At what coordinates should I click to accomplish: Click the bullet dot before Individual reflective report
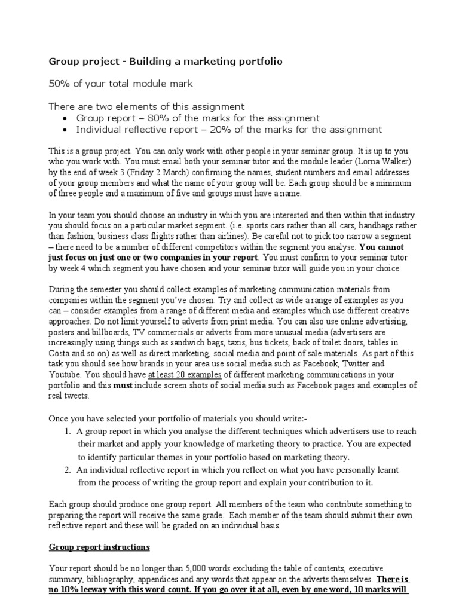(x=65, y=130)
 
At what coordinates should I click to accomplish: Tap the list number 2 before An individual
(x=67, y=470)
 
